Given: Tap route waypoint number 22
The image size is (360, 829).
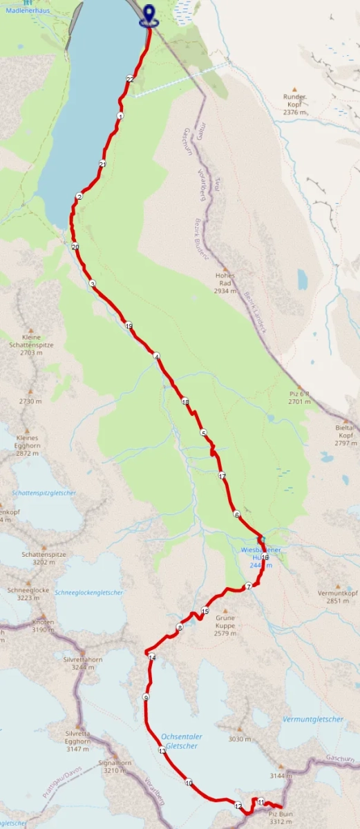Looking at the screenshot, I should click(130, 79).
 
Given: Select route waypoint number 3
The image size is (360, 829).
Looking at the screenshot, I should click(92, 283).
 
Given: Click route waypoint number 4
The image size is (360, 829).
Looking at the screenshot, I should click(157, 356).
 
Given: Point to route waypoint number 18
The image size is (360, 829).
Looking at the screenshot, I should click(184, 401).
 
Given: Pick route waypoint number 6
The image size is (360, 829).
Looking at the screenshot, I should click(236, 514).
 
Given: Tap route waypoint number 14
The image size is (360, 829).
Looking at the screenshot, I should click(152, 657).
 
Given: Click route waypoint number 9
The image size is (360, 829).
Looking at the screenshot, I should click(146, 698).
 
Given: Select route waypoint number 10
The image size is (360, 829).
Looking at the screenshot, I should click(188, 783).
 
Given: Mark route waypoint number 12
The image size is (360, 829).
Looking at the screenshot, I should click(238, 806).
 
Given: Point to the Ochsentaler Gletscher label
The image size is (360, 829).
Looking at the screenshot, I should click(179, 741).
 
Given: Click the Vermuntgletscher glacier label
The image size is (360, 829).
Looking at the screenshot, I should click(313, 719).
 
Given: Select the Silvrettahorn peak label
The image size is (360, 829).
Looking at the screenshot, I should click(83, 660).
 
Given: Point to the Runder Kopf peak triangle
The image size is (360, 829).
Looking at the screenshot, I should click(294, 89).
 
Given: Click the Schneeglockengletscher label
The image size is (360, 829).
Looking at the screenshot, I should click(89, 593).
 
